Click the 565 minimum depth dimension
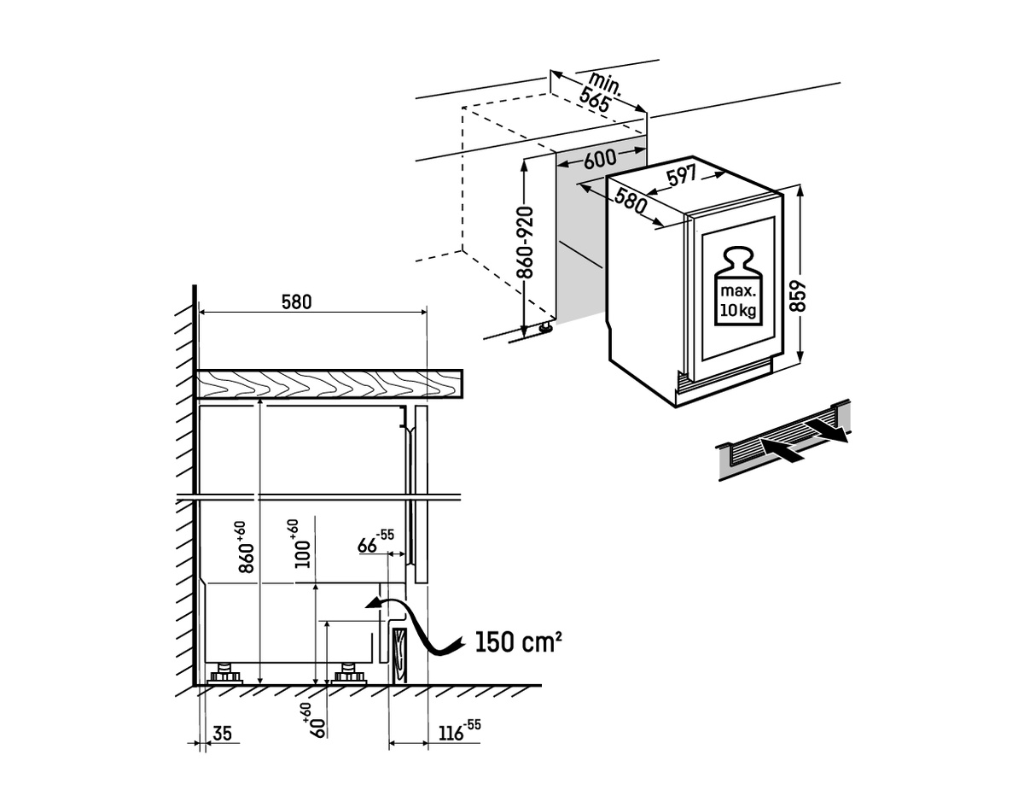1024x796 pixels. (594, 101)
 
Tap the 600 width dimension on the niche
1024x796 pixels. (600, 160)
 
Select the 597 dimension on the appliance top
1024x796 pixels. (682, 175)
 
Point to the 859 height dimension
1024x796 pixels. (798, 296)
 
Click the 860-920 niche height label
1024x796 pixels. (525, 243)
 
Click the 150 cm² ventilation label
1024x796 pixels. (518, 641)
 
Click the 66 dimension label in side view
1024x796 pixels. (375, 541)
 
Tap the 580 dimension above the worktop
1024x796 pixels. (297, 302)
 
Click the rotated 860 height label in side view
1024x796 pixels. (246, 547)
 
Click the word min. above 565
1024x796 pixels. (606, 86)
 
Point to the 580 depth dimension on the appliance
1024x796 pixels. (630, 201)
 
